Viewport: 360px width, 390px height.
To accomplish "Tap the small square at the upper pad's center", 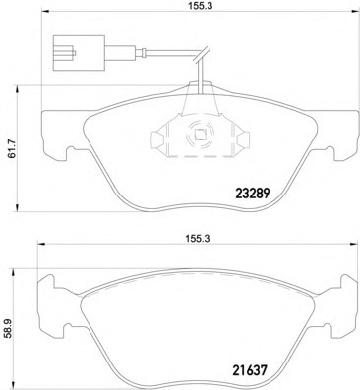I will [x=196, y=138].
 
